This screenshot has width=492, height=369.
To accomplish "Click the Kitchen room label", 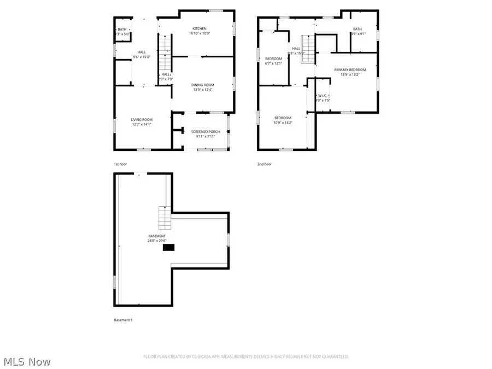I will click(x=199, y=31).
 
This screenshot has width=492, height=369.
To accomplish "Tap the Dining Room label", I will click(x=202, y=87).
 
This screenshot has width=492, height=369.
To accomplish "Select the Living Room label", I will click(x=141, y=122).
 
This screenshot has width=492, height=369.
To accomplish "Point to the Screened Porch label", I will click(x=203, y=134).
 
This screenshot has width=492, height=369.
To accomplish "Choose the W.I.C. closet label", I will click(x=322, y=98).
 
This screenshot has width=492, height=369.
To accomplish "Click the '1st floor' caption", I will click(x=120, y=163).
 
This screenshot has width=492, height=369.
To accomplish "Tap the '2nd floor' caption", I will click(x=264, y=163).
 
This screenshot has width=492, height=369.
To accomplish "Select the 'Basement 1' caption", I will click(x=122, y=320).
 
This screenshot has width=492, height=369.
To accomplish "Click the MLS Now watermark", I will click(x=27, y=361).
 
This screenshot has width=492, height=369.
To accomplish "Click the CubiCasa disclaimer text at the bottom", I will click(x=245, y=356).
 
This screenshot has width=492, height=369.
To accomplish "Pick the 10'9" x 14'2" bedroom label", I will click(x=283, y=120).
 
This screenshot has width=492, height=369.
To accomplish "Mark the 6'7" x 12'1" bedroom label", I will click(x=273, y=61).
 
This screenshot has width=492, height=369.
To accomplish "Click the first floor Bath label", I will click(x=122, y=32).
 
